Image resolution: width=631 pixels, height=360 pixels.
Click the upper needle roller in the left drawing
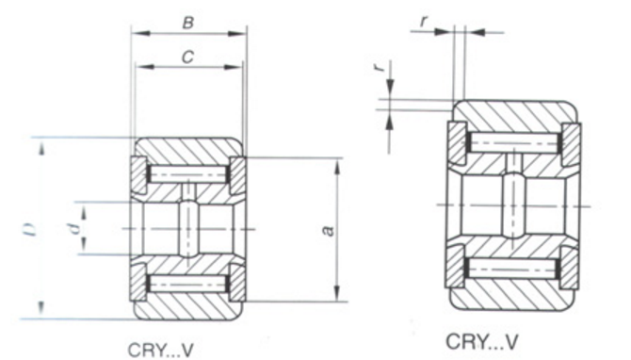click(x=187, y=173)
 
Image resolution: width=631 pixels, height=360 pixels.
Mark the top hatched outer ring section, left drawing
click(x=187, y=150)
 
